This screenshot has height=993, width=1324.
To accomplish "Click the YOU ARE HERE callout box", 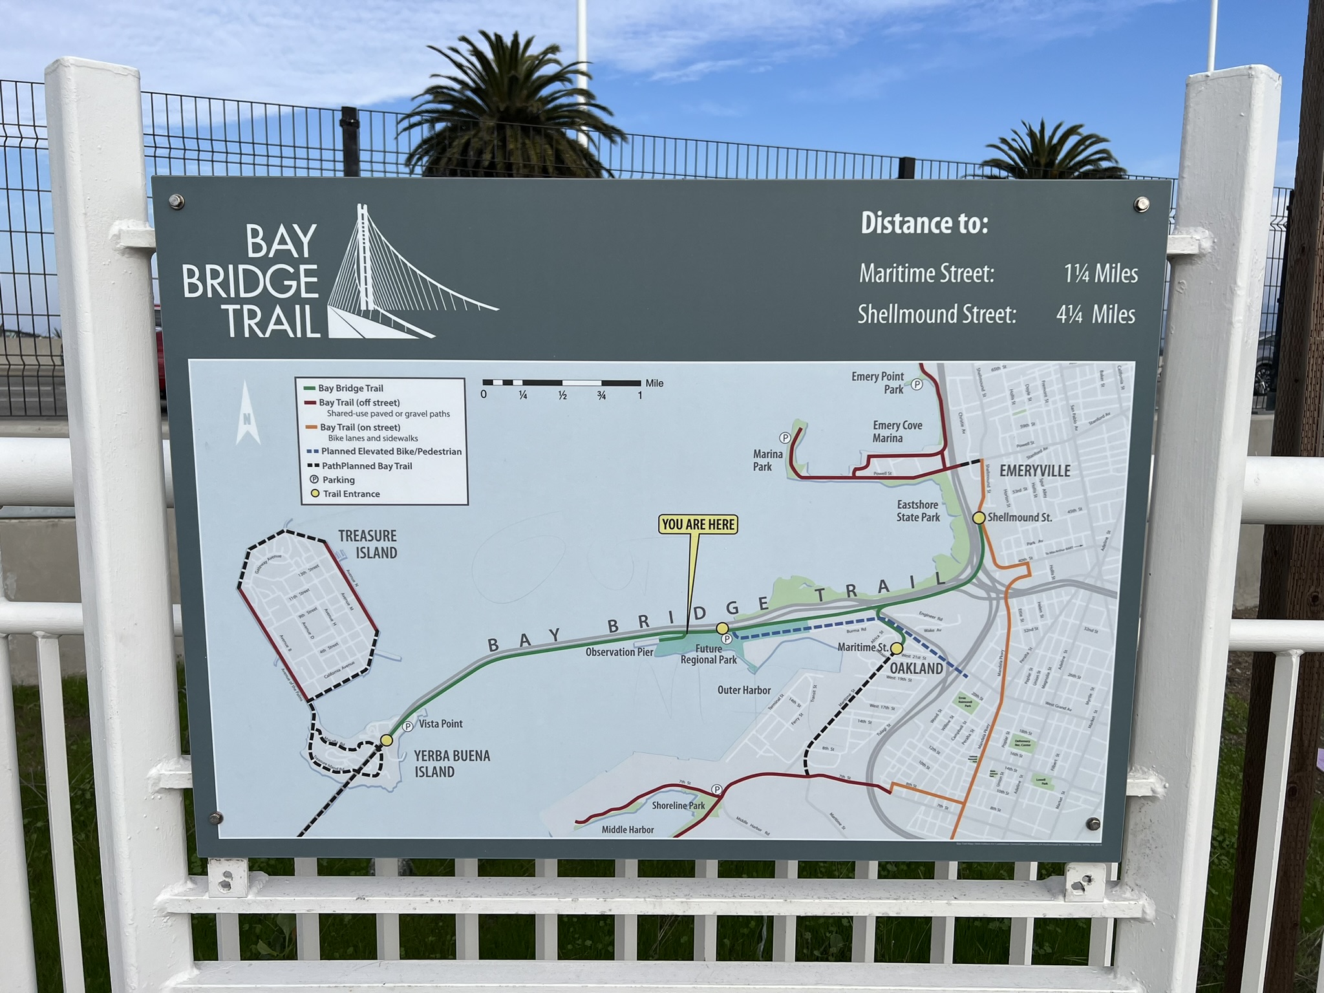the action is click(x=698, y=524).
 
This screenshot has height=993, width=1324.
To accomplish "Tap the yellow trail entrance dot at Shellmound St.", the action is click(x=979, y=517).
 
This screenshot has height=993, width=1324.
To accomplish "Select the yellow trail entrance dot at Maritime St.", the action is click(x=897, y=648).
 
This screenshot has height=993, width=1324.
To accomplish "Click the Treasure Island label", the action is click(x=368, y=544).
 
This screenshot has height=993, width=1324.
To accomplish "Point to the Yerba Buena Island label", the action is click(x=452, y=763).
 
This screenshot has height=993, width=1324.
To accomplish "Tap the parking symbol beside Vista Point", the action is click(x=408, y=726).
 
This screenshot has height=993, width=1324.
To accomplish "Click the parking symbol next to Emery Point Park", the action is click(x=917, y=385).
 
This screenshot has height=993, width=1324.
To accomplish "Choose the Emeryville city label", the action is click(x=1034, y=471).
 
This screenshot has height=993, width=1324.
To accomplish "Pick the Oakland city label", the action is click(x=916, y=668).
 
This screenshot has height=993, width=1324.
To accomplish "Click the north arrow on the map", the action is click(x=247, y=414).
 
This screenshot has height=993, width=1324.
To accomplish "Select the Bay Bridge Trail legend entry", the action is click(x=350, y=388).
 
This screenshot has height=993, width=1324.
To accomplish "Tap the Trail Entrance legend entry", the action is click(x=350, y=494).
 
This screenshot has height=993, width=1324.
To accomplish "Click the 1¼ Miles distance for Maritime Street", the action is click(x=1101, y=273).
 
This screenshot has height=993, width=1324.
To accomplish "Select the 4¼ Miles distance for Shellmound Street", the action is click(x=1096, y=314).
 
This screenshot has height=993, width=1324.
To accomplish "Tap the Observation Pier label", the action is click(x=619, y=652).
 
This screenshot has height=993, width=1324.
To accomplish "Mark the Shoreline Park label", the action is click(x=678, y=806).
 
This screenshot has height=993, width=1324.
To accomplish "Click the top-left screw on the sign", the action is click(x=176, y=202).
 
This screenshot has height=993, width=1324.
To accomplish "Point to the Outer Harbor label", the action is click(x=744, y=690).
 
